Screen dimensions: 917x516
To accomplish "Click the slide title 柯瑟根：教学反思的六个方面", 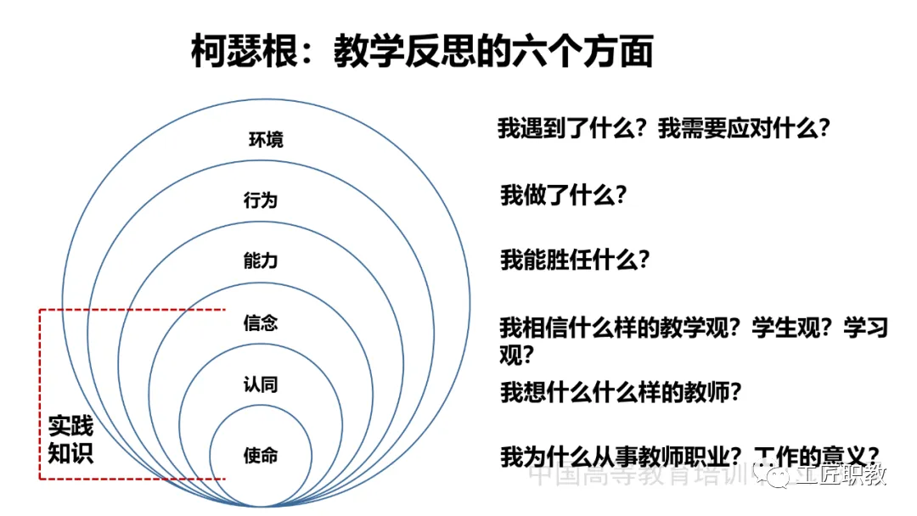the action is [422, 51].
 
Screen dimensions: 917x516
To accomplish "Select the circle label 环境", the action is [266, 139].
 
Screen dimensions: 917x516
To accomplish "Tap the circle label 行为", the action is [260, 200].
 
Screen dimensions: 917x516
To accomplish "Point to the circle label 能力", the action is [260, 261].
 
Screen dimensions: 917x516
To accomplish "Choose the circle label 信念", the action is [260, 323].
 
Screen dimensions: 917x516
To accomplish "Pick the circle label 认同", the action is [260, 385].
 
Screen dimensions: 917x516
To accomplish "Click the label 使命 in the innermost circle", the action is [260, 456].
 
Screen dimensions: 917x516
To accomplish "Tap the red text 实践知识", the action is [70, 439].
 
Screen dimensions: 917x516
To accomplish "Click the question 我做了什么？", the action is [563, 195].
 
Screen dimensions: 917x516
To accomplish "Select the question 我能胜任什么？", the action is [575, 259].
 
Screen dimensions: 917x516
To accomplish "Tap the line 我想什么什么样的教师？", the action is [622, 392].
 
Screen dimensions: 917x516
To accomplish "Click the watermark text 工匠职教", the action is [840, 474].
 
